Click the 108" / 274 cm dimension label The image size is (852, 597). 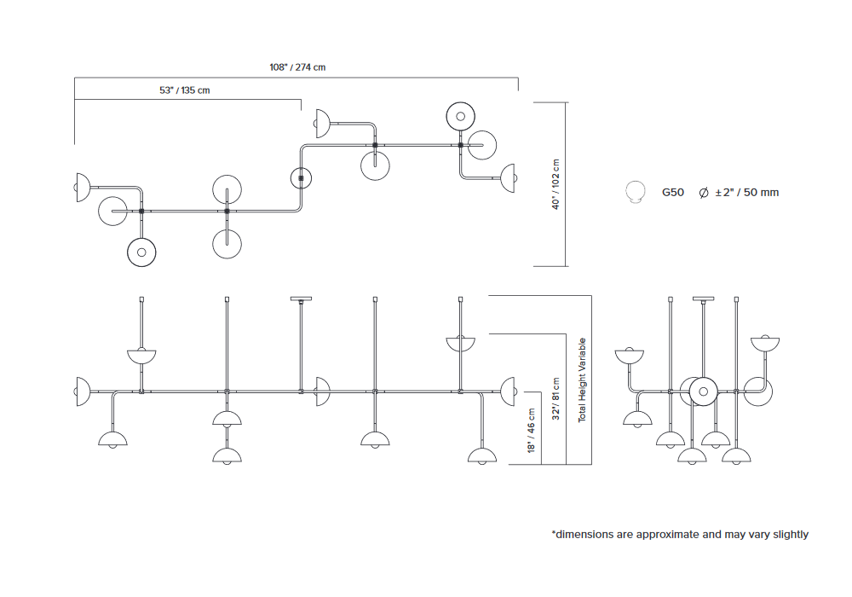coord(297,67)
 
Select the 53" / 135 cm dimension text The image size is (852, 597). coord(184,90)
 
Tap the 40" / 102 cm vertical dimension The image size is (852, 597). coord(556,184)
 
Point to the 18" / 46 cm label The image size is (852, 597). coord(532,435)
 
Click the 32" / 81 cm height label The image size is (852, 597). coord(556,400)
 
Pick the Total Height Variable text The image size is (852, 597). coord(583,380)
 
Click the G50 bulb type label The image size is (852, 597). coord(673,193)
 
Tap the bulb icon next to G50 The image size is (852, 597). coord(633,193)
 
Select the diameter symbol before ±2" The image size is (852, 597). coord(703,193)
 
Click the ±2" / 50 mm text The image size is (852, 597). coord(746,193)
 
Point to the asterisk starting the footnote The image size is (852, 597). coord(554,533)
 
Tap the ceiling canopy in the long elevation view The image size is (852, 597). coord(301,299)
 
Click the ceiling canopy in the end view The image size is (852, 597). coord(703,299)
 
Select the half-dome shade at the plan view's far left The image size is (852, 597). coord(83,187)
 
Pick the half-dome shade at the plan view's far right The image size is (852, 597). coord(509,177)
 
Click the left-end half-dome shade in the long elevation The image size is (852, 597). coord(83,391)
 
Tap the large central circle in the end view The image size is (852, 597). coord(704,391)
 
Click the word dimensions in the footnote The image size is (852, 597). coord(584,535)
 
